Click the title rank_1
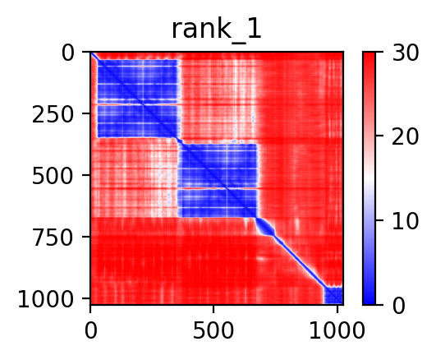217,30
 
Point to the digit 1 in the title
255,29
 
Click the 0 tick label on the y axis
68,53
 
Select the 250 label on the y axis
53,115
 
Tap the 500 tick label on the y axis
53,176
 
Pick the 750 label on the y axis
53,238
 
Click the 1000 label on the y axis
46,299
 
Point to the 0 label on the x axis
90,330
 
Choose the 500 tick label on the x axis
213,330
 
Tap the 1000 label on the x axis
337,330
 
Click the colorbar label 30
405,53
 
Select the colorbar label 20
405,136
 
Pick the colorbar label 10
405,221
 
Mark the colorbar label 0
399,306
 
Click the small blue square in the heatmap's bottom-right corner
333,295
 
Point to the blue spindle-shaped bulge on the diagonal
265,227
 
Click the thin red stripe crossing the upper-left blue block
137,104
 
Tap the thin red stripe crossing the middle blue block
218,188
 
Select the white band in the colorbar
369,178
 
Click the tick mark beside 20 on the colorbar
379,136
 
